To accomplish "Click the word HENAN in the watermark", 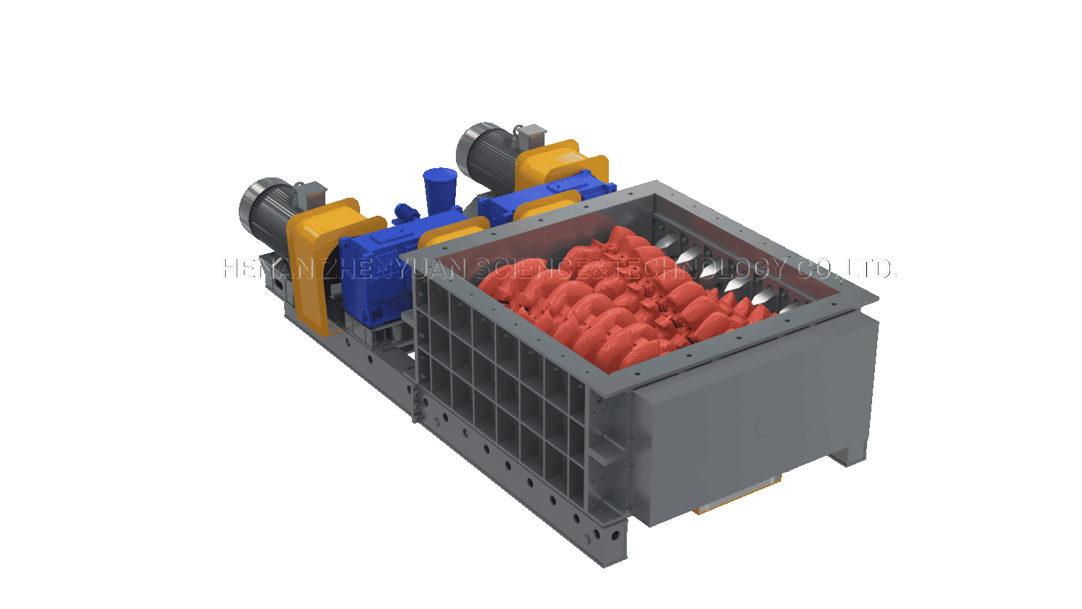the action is (271, 268).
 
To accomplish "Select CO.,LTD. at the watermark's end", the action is (845, 268).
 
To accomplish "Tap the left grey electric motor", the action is (265, 209).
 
